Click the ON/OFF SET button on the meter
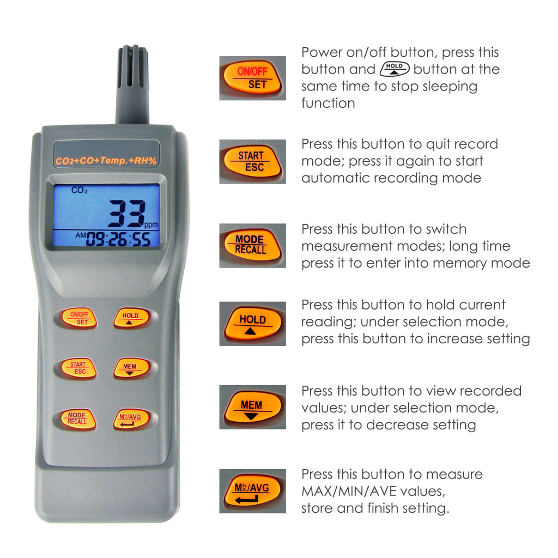79,318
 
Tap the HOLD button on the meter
131,318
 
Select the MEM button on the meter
131,368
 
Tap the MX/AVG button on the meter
131,419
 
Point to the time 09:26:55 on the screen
118,239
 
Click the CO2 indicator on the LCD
79,191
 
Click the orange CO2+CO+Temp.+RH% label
107,161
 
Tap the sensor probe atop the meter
132,82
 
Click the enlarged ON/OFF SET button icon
252,78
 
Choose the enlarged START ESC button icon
252,161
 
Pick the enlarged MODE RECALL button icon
252,245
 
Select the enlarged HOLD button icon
252,324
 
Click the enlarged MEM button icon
252,407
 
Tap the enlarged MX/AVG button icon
252,491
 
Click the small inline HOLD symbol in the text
394,69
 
